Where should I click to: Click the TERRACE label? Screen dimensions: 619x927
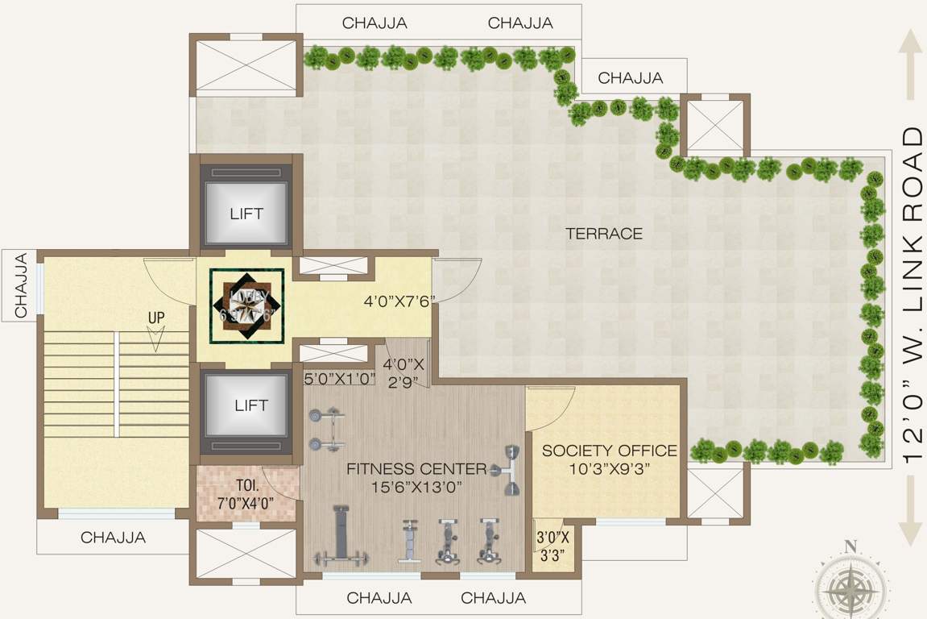(604, 234)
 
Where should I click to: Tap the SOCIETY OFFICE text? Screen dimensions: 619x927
(609, 451)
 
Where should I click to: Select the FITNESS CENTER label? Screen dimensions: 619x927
(416, 469)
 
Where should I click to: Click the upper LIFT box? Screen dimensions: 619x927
(246, 214)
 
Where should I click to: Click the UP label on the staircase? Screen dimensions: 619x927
(155, 318)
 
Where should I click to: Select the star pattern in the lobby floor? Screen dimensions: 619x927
(246, 305)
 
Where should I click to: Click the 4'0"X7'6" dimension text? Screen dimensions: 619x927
(399, 301)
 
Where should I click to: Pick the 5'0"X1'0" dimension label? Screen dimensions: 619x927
(339, 378)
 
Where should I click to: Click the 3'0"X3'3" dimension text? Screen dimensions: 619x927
(552, 546)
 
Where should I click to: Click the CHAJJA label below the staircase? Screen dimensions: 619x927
(113, 538)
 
